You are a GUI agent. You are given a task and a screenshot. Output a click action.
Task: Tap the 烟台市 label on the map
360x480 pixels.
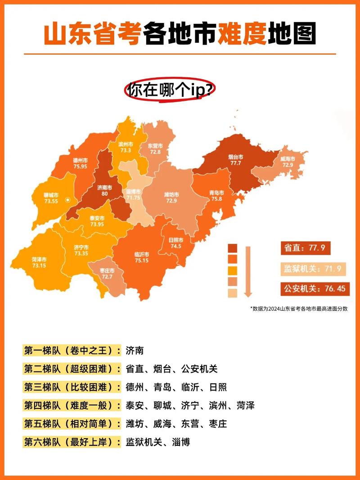pyautogui.click(x=235, y=157)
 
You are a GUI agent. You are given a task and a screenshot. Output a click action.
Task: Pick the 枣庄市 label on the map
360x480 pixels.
pyautogui.click(x=107, y=271)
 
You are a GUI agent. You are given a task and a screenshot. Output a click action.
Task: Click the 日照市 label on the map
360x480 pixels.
pyautogui.click(x=175, y=240)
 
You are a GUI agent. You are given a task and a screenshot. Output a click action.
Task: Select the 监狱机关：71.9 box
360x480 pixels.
pyautogui.click(x=314, y=269)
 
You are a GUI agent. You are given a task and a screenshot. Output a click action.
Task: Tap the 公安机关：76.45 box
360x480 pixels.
pyautogui.click(x=314, y=288)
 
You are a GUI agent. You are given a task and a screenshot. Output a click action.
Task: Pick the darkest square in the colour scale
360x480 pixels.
pyautogui.click(x=233, y=249)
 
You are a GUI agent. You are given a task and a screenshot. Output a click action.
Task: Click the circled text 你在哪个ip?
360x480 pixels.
pyautogui.click(x=170, y=90)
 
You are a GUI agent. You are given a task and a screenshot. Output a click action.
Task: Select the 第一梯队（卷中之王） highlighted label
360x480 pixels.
pyautogui.click(x=72, y=350)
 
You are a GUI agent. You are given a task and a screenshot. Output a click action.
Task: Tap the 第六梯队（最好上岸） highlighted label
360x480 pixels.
pyautogui.click(x=72, y=442)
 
